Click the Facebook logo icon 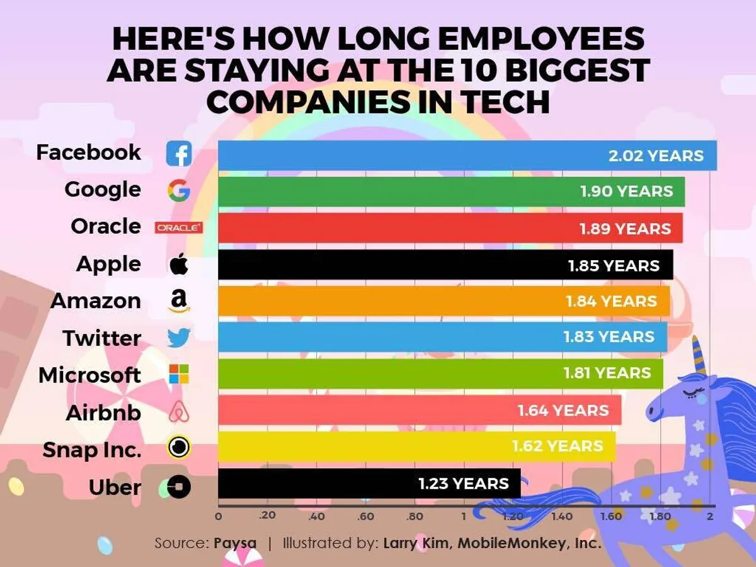coord(179,154)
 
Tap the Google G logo coord(179,190)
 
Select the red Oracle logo coord(179,227)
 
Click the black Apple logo coord(179,265)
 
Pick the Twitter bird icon coord(179,338)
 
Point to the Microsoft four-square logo coord(179,375)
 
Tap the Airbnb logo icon coord(179,413)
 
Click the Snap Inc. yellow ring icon coord(179,448)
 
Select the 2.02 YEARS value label coord(656,155)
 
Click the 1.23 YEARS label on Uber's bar coord(464,483)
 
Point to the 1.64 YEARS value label coord(563,411)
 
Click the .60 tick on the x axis coord(365,517)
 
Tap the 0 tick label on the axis coord(219,517)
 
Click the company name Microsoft coord(89,375)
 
